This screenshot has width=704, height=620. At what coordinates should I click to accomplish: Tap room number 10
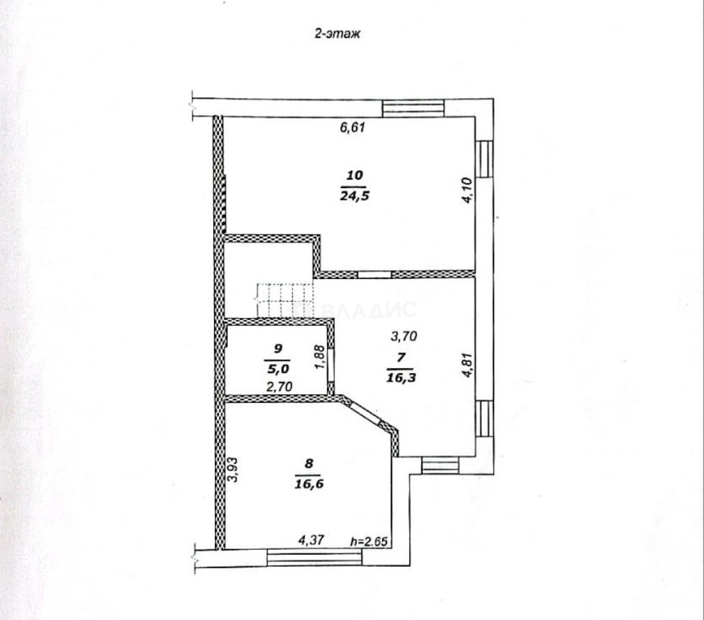[355, 176]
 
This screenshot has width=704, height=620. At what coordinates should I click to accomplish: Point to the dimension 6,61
[353, 127]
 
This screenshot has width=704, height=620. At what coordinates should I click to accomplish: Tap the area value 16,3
[400, 377]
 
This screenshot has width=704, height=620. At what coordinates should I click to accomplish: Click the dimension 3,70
[404, 336]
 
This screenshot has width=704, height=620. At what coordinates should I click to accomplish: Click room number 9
[279, 348]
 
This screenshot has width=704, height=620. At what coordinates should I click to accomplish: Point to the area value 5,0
[279, 367]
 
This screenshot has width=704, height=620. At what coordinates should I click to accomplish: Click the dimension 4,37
[309, 540]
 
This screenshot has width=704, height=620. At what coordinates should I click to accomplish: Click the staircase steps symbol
[284, 300]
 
